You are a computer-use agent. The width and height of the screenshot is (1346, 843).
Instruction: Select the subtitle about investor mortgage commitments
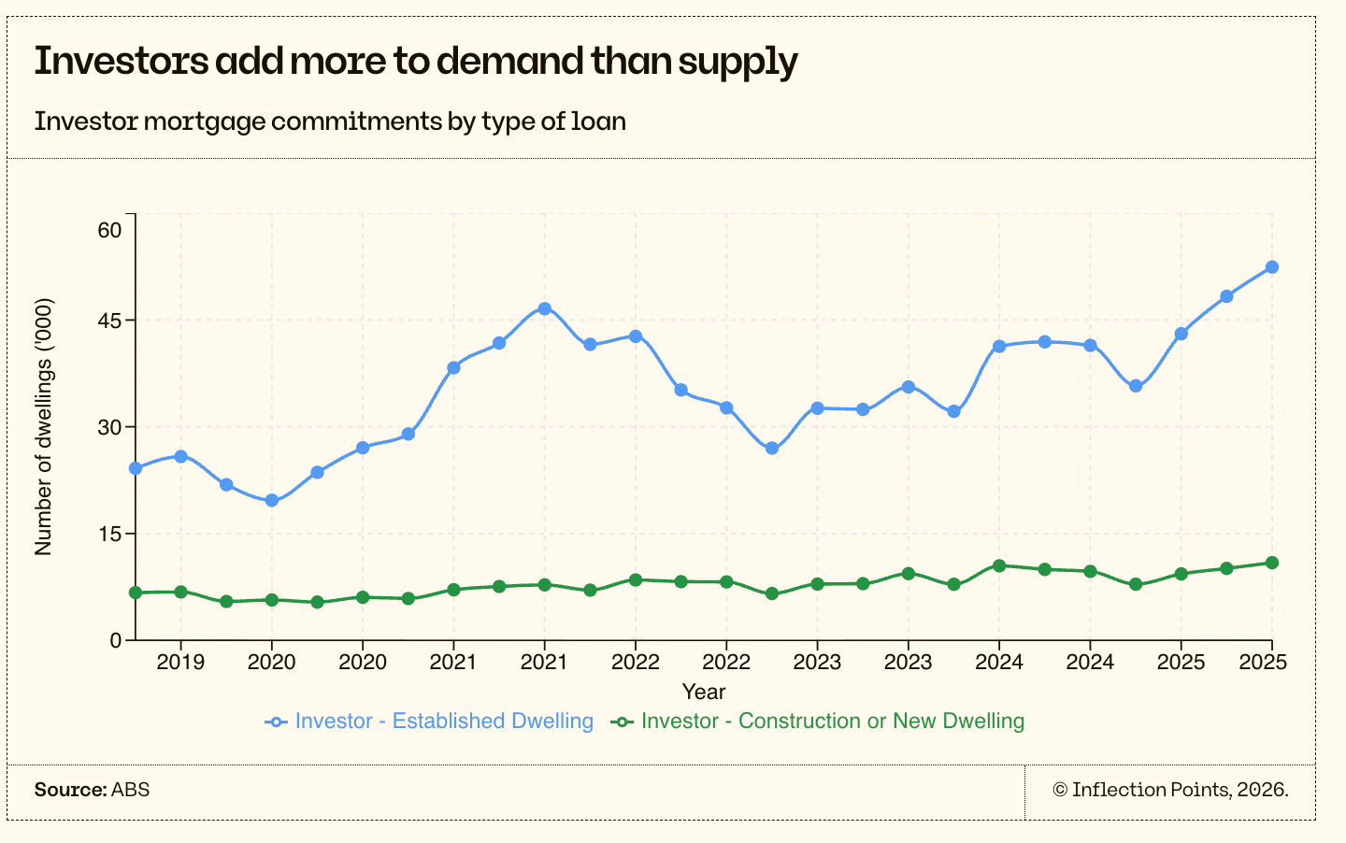tap(330, 121)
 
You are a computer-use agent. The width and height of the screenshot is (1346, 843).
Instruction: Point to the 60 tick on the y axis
tap(109, 230)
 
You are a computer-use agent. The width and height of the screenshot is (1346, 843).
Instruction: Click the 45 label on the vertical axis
tap(109, 321)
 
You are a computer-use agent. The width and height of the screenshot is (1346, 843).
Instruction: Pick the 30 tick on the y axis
tap(109, 427)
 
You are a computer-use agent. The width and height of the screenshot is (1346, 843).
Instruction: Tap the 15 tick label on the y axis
tap(109, 534)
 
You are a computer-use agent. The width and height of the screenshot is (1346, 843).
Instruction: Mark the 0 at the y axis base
tap(116, 640)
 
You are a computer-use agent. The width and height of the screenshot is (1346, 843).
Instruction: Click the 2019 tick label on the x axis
tap(180, 663)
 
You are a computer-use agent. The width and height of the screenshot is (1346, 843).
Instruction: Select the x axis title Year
tap(703, 692)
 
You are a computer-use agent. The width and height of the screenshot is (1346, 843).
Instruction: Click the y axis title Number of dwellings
tap(44, 427)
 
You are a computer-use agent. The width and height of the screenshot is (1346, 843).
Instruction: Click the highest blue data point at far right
tap(1271, 267)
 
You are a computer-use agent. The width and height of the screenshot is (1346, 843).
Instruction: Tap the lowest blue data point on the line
tap(271, 500)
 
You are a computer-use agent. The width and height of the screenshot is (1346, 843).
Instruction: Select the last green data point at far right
tap(1271, 563)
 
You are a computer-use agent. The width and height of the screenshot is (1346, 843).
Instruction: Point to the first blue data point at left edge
tap(136, 468)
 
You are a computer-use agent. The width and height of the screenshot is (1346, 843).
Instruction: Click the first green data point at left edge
tap(136, 593)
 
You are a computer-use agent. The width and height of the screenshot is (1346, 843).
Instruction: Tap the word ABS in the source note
tap(130, 790)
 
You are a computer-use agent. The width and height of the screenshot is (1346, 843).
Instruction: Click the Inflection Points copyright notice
tap(1170, 790)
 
